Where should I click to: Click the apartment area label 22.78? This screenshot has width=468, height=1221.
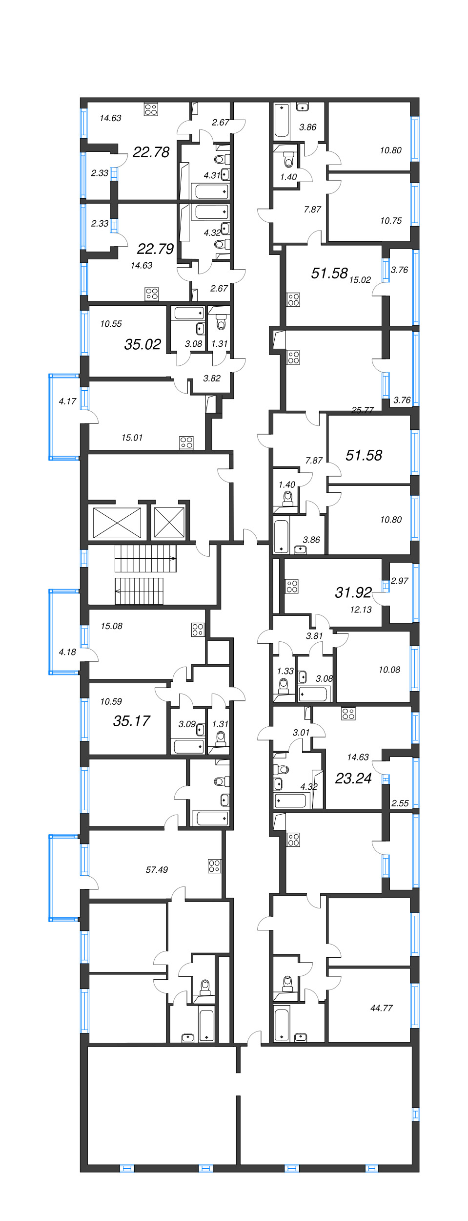click(x=151, y=152)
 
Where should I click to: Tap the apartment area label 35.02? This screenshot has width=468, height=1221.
click(x=142, y=344)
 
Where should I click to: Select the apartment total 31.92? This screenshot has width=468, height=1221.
click(x=353, y=592)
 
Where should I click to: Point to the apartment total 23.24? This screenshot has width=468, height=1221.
click(x=353, y=778)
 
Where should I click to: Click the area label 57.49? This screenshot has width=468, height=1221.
click(x=157, y=869)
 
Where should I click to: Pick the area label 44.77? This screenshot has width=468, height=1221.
click(x=381, y=1008)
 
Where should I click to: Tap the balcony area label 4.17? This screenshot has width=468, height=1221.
click(x=67, y=401)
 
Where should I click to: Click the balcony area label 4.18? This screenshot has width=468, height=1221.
click(x=67, y=652)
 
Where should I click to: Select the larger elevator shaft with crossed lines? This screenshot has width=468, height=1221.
click(x=117, y=523)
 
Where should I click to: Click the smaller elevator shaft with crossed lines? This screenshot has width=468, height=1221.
click(x=169, y=523)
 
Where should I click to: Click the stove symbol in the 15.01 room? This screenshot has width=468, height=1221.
click(x=186, y=442)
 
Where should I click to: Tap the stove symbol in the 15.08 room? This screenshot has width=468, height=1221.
click(x=198, y=629)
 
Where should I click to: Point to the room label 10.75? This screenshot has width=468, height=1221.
click(x=391, y=221)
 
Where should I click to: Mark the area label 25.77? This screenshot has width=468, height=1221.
click(x=362, y=410)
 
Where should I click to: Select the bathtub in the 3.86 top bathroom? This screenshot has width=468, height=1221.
click(x=282, y=120)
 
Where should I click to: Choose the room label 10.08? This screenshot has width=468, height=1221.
click(x=389, y=670)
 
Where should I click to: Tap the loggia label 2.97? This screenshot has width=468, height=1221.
click(x=399, y=581)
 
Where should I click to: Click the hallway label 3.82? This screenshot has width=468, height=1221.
click(x=212, y=378)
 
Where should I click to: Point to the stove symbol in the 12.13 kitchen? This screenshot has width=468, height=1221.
click(x=292, y=586)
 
